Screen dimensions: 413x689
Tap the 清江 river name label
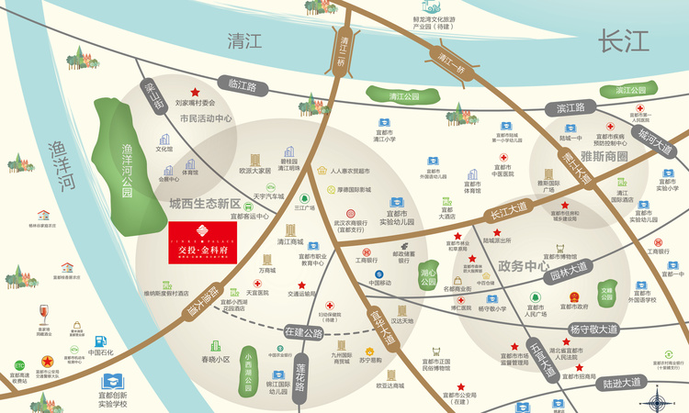click(244, 40)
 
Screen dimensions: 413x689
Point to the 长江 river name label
click(623, 40)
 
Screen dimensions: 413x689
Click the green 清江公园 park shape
click(403, 95)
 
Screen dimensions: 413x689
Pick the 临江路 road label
click(243, 85)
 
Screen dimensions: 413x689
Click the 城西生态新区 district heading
click(204, 204)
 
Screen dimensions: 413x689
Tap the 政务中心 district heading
click(523, 266)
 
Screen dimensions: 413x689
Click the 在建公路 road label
click(303, 331)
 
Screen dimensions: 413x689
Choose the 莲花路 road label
click(299, 375)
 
